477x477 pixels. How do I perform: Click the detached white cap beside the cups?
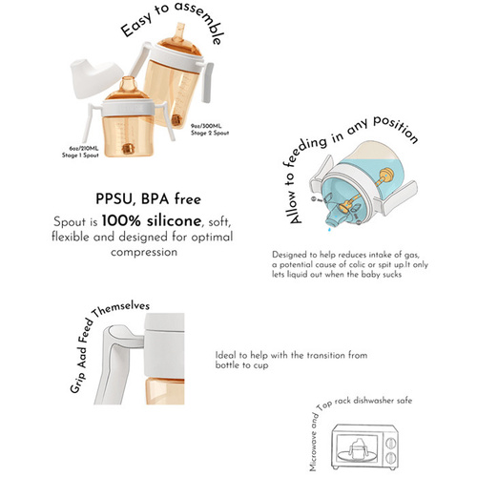[95, 78]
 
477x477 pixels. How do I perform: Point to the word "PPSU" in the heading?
[114, 199]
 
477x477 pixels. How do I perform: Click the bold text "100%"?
[121, 221]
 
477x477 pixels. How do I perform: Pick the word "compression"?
[144, 253]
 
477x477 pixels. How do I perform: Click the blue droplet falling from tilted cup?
[329, 229]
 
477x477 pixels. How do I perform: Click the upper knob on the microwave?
[391, 443]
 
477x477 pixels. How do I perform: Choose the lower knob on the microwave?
[390, 458]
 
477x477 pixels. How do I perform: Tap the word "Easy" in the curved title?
[136, 26]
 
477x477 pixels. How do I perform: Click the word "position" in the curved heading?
[395, 129]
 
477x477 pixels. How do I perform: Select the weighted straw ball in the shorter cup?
[128, 149]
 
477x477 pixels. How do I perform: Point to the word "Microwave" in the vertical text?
[314, 452]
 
